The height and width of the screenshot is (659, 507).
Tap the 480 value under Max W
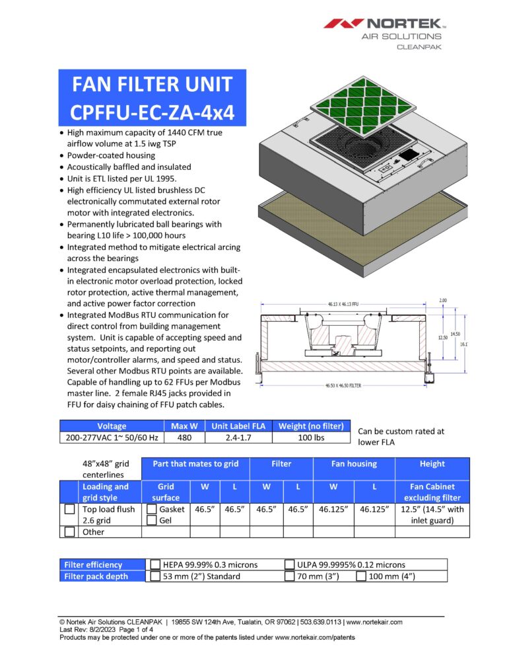[x=181, y=438]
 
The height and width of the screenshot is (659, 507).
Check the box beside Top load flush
[x=69, y=510]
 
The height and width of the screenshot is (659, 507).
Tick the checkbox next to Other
[x=69, y=531]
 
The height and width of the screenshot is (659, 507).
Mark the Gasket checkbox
[x=152, y=510]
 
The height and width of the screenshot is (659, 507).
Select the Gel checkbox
[x=152, y=521]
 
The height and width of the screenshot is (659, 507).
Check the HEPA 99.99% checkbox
[x=156, y=564]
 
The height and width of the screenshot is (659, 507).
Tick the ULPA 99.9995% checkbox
[x=290, y=564]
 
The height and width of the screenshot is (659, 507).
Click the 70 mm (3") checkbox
[x=290, y=576]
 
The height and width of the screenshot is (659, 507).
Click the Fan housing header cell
[x=354, y=464]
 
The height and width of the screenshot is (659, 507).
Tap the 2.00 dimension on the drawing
[x=442, y=301]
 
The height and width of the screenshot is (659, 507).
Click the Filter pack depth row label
[x=96, y=576]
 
